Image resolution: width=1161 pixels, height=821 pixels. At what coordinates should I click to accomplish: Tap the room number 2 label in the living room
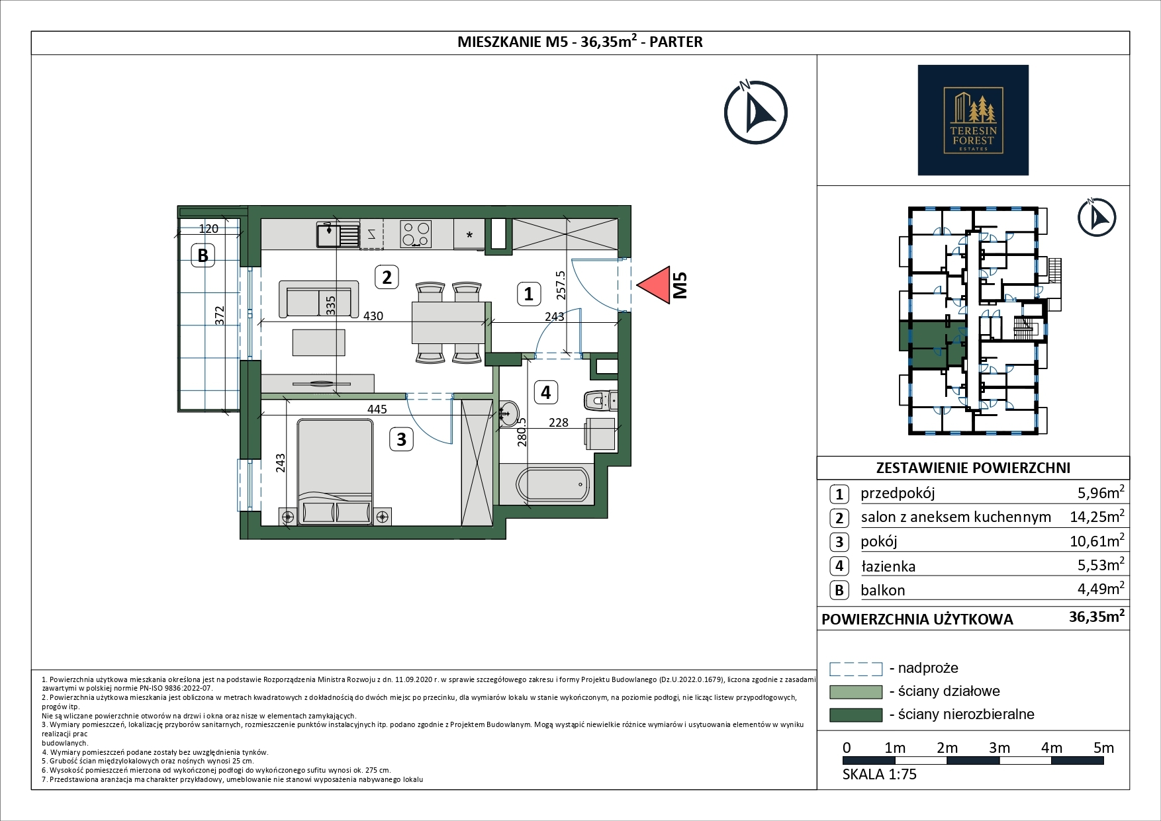[387, 277]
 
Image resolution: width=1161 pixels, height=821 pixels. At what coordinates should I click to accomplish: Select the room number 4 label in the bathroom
[545, 392]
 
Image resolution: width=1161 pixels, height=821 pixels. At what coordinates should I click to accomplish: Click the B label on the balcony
[203, 255]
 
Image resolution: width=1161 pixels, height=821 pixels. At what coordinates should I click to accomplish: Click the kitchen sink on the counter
[337, 234]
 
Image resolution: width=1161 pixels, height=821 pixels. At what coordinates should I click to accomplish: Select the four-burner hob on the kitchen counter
[416, 234]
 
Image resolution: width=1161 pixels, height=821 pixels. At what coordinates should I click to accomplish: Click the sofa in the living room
[318, 299]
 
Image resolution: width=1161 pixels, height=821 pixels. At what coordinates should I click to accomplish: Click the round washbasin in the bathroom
[509, 413]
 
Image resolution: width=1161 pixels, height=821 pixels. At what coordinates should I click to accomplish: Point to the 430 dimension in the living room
[373, 316]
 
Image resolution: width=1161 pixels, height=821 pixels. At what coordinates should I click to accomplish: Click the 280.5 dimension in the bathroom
[522, 431]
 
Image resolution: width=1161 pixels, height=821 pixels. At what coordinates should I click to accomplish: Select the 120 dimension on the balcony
[209, 229]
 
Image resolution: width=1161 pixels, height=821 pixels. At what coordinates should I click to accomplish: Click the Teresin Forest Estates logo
[973, 120]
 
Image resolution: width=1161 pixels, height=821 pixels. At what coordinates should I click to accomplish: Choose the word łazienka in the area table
[888, 566]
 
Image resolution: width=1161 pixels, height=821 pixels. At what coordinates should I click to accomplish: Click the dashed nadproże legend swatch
[856, 669]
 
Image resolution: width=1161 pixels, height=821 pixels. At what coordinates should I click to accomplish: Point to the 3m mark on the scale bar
[999, 748]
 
